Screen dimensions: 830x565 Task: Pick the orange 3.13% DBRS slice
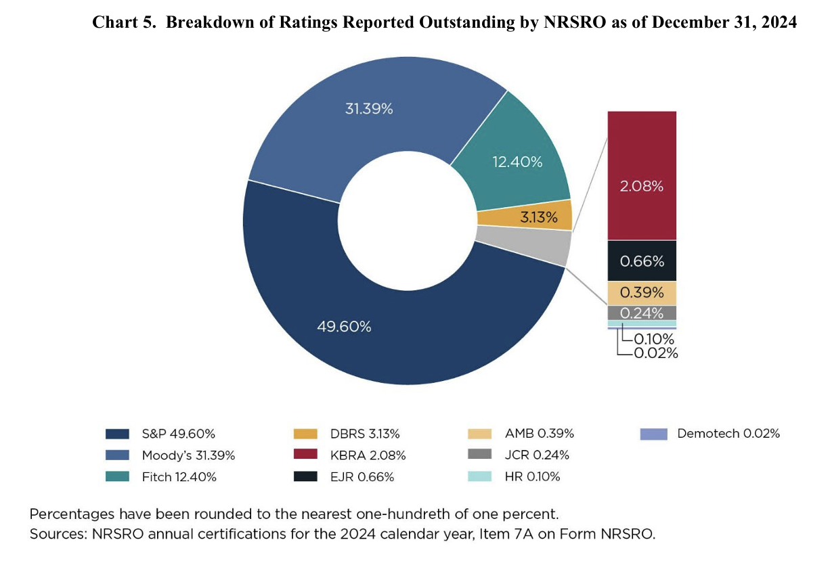point(533,217)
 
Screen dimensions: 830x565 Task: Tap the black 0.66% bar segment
point(642,261)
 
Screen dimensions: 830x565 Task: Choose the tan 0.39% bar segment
point(642,293)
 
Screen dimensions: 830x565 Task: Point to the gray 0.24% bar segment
point(642,313)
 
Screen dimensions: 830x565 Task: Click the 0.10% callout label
point(654,339)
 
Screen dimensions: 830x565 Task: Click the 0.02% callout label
point(656,353)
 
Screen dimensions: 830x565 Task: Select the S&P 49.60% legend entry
point(160,434)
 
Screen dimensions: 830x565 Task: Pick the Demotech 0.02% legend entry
point(710,434)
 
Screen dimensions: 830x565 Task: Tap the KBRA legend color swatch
point(305,454)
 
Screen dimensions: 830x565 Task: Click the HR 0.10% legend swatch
point(479,476)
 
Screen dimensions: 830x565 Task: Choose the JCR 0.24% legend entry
point(519,455)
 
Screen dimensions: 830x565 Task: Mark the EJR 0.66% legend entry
point(344,476)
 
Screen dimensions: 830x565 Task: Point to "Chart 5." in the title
point(124,22)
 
